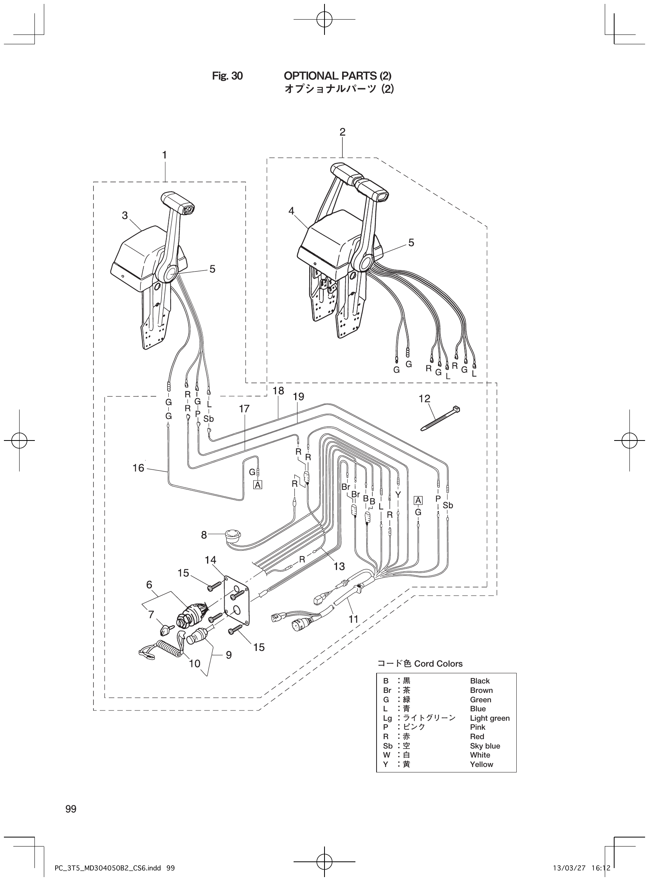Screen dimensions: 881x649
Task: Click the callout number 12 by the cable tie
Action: click(x=424, y=399)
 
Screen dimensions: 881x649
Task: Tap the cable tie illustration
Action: click(x=440, y=419)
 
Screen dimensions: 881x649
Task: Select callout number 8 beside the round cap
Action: click(x=204, y=535)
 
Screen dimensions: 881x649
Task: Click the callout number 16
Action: click(x=139, y=468)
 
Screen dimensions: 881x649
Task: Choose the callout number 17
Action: click(x=244, y=409)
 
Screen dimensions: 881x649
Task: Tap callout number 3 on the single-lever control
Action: click(x=125, y=216)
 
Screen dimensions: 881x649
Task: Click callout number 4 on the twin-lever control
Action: click(x=291, y=211)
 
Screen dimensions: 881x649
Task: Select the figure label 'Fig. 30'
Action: click(x=227, y=76)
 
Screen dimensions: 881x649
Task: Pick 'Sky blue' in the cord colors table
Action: click(x=485, y=746)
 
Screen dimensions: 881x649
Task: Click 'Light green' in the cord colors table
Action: click(x=490, y=718)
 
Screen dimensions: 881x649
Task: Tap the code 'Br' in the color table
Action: click(x=387, y=690)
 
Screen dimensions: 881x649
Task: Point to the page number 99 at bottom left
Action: click(x=71, y=808)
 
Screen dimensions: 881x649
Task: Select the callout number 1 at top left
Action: click(x=165, y=155)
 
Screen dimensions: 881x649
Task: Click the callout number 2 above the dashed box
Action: click(x=343, y=132)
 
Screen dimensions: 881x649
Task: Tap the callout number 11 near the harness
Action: click(x=353, y=619)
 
